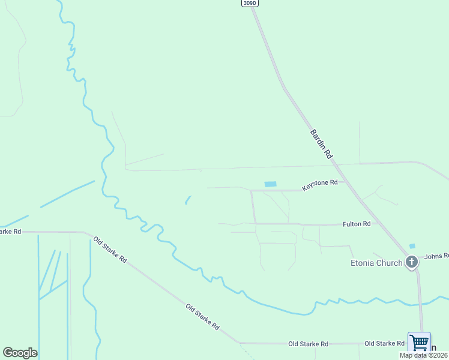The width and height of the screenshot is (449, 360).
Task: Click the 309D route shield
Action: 250,3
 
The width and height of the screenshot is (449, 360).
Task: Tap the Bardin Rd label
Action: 322,144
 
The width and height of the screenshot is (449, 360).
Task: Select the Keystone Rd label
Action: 320,185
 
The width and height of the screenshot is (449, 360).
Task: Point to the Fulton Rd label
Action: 357,224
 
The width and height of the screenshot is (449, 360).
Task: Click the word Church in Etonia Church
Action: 390,263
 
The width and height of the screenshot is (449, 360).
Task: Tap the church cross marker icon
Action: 412,262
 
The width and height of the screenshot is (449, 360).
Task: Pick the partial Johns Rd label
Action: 436,256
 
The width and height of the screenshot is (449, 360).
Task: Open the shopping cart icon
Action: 419,343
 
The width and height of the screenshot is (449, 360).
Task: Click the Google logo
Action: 20,352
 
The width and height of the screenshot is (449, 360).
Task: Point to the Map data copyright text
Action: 424,355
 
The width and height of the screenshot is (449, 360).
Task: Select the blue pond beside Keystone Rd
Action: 271,184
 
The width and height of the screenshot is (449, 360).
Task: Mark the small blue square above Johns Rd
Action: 412,246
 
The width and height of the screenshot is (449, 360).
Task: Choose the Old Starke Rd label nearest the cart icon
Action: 384,343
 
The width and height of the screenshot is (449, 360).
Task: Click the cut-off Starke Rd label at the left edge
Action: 10,231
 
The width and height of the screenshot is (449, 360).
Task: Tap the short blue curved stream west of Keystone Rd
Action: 187,200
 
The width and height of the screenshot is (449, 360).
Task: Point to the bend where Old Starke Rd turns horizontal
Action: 239,343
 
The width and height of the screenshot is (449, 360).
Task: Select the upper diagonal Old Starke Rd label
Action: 110,250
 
